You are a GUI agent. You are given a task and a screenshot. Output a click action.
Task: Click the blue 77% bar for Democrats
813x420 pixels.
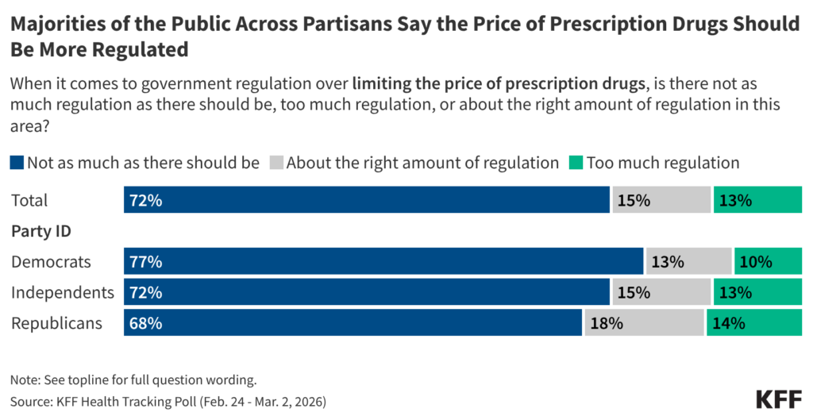(x=383, y=261)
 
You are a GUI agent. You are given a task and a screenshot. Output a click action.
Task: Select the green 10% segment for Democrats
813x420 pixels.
(x=768, y=261)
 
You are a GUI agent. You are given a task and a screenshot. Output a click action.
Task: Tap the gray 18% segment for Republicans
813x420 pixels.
(x=644, y=323)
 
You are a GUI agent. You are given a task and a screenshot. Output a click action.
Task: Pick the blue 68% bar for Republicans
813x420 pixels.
(x=353, y=323)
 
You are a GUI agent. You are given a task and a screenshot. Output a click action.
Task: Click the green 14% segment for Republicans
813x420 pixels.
(x=754, y=323)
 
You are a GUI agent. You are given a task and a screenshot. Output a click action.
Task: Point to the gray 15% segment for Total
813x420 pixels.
(x=661, y=200)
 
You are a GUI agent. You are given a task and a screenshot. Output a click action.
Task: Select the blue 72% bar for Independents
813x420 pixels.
(x=366, y=292)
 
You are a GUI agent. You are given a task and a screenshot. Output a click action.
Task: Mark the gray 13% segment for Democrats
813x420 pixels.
(x=688, y=261)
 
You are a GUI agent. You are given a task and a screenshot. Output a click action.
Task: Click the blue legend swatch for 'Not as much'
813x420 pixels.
(x=17, y=164)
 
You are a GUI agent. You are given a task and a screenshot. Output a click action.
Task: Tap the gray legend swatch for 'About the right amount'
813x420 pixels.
(x=276, y=164)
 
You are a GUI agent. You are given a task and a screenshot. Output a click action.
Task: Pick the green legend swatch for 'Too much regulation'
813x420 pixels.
(x=576, y=164)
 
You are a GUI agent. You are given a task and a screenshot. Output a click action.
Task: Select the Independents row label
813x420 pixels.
(x=62, y=292)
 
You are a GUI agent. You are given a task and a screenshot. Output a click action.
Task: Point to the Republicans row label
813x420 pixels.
(x=56, y=323)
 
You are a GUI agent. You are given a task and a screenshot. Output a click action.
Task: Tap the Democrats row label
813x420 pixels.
(x=51, y=261)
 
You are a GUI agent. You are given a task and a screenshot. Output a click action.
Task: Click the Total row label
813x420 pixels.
(x=29, y=200)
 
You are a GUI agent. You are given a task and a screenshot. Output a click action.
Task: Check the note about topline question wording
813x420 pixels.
(x=133, y=380)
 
